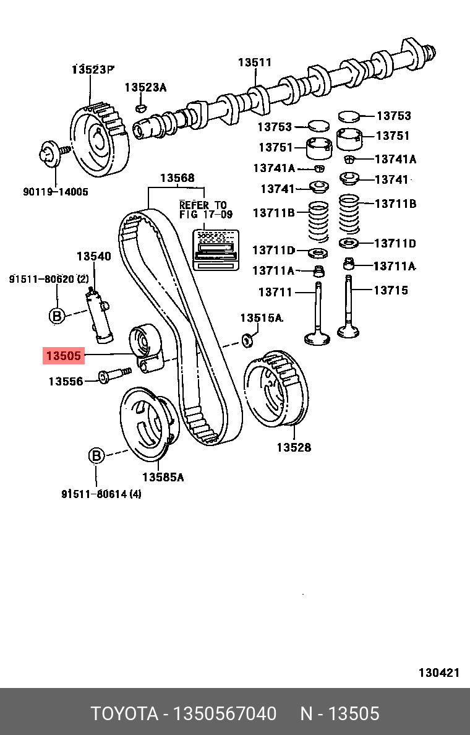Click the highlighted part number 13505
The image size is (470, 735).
pyautogui.click(x=63, y=356)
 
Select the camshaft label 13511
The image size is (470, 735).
pyautogui.click(x=255, y=62)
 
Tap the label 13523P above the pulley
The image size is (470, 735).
pyautogui.click(x=93, y=69)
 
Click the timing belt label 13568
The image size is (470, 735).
pyautogui.click(x=177, y=178)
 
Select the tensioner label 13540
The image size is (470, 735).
pyautogui.click(x=93, y=256)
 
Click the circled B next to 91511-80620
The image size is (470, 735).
pyautogui.click(x=56, y=316)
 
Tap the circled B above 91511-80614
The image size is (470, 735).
pyautogui.click(x=96, y=456)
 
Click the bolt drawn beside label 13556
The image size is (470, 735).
pyautogui.click(x=115, y=375)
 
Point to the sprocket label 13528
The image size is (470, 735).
pyautogui.click(x=293, y=447)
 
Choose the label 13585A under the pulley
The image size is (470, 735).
pyautogui.click(x=163, y=477)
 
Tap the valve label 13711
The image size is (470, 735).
pyautogui.click(x=275, y=292)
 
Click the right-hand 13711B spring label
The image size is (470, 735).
pyautogui.click(x=395, y=203)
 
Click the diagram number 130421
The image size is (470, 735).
pyautogui.click(x=438, y=673)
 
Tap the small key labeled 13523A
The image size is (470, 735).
pyautogui.click(x=140, y=109)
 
